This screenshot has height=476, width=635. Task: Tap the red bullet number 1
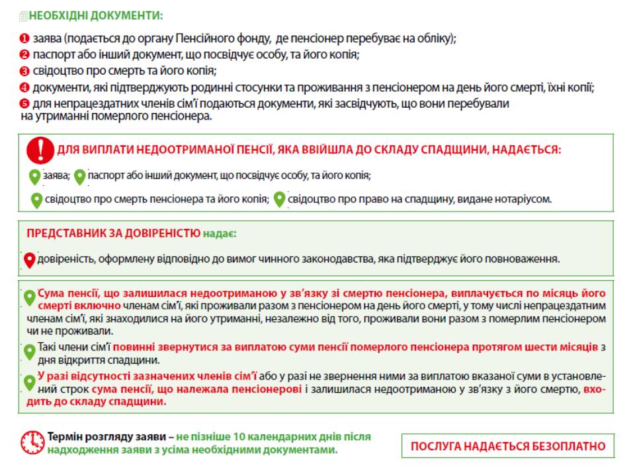point(24,39)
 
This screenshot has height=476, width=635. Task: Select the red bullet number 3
point(24,71)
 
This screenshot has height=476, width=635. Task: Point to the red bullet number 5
point(24,104)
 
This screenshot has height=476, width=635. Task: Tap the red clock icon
point(32,442)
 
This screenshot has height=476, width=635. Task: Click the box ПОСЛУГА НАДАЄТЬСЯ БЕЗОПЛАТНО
point(508,446)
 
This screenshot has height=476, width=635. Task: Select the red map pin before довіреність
point(29,260)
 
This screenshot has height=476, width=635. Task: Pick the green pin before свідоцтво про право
point(280,199)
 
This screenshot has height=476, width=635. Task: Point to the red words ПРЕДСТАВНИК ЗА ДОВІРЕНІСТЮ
point(113,233)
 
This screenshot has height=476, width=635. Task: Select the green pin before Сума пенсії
point(29,298)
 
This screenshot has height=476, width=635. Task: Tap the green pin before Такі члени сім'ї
point(29,352)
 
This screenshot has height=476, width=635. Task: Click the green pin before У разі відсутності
point(29,382)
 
